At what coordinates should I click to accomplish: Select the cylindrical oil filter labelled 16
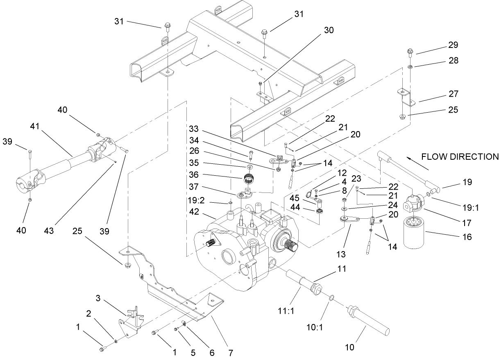[420, 233]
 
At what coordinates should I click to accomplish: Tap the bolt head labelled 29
[411, 52]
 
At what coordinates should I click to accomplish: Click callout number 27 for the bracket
[453, 94]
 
